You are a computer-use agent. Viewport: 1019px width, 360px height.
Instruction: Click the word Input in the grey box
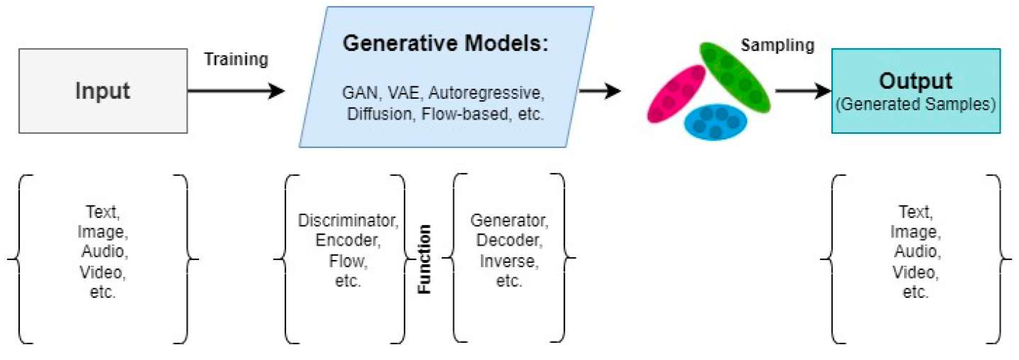click(x=102, y=91)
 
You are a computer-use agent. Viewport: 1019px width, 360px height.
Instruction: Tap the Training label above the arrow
click(x=236, y=59)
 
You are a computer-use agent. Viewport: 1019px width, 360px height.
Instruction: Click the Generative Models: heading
click(x=445, y=43)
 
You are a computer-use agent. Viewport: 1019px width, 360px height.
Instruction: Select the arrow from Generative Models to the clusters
click(x=599, y=91)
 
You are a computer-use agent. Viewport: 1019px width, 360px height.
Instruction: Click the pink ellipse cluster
click(x=676, y=94)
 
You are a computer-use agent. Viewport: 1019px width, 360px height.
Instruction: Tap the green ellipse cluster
click(x=735, y=77)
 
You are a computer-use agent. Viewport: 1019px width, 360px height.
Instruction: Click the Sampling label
click(x=777, y=45)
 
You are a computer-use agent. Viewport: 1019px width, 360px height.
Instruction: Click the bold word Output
click(x=915, y=81)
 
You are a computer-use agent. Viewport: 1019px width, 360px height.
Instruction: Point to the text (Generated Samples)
click(x=915, y=104)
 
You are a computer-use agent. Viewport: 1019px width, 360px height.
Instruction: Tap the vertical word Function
click(x=424, y=259)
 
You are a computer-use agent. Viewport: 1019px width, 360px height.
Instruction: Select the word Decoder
click(x=509, y=240)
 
